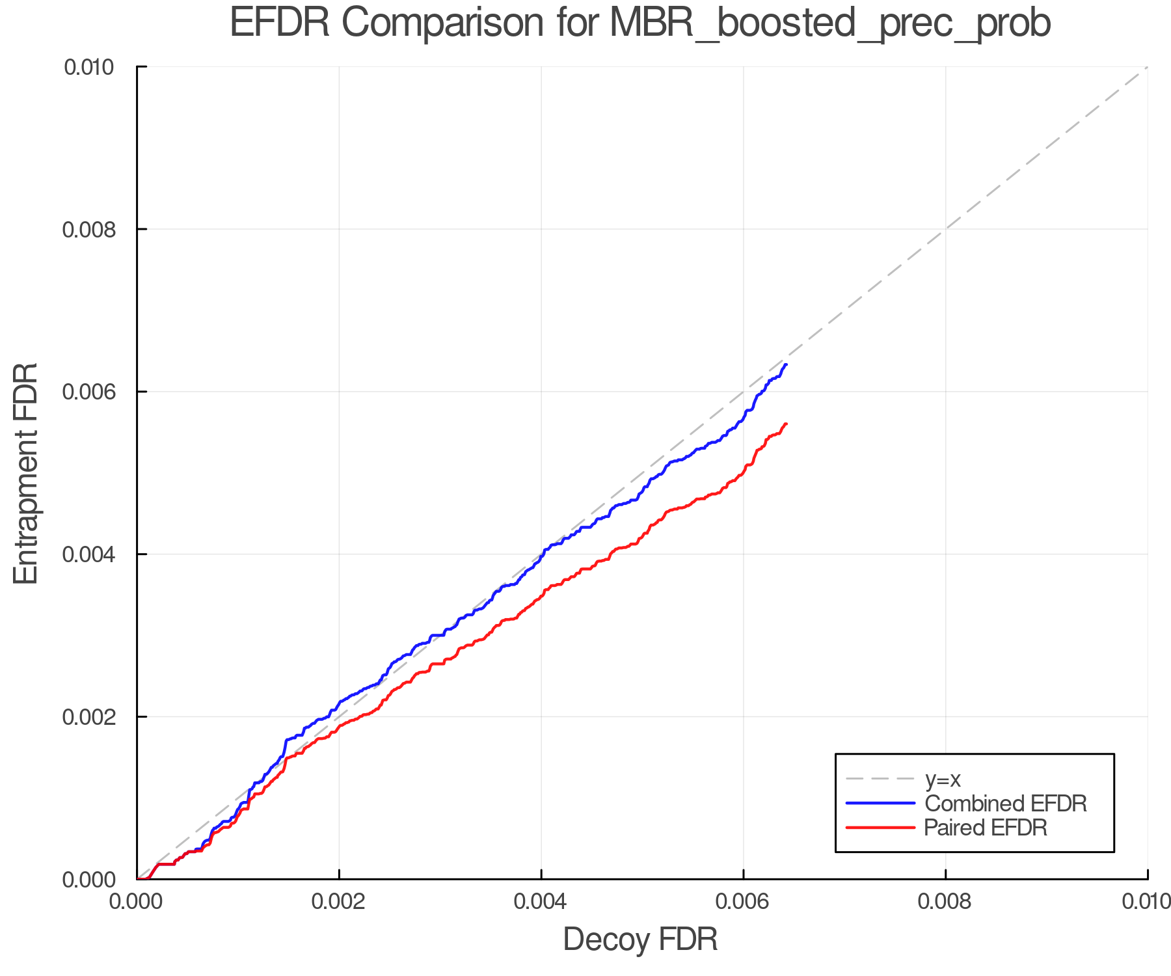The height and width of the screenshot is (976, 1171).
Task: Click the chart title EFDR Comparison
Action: click(x=640, y=23)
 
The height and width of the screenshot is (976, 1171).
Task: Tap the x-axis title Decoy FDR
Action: click(x=640, y=939)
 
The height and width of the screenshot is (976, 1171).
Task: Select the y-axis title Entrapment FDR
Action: click(x=26, y=473)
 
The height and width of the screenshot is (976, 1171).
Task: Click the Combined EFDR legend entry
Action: click(x=1005, y=804)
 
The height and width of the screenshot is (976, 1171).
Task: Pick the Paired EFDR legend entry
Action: click(x=985, y=828)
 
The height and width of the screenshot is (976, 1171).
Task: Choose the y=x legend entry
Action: click(x=943, y=779)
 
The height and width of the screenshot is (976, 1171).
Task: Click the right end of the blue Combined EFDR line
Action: click(x=787, y=364)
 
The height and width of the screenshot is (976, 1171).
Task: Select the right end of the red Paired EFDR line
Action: click(x=787, y=424)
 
